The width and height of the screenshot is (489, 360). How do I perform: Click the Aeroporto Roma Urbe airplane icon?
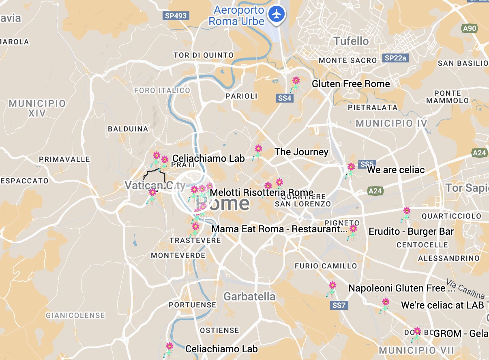point(278,14)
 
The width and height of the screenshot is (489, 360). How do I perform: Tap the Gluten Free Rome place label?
point(351,84)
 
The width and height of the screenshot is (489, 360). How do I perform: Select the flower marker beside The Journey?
point(258,149)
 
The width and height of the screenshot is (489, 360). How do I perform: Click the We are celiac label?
point(396,170)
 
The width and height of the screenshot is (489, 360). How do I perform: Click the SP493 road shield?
point(176,16)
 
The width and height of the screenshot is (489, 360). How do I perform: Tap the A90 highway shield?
point(470,28)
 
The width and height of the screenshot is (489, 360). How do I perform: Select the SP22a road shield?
point(395,58)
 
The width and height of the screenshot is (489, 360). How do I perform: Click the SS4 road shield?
point(285,98)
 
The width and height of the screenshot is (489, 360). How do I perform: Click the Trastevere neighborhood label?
point(195,240)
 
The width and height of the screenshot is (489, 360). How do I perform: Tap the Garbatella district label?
point(249,296)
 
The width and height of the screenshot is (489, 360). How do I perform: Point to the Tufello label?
point(351,41)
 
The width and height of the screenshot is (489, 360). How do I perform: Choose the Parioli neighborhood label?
point(242,96)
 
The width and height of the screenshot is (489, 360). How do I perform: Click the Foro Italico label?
point(162,90)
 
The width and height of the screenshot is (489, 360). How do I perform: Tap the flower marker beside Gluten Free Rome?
point(296,81)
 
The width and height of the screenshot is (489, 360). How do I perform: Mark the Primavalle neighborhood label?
point(61,159)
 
